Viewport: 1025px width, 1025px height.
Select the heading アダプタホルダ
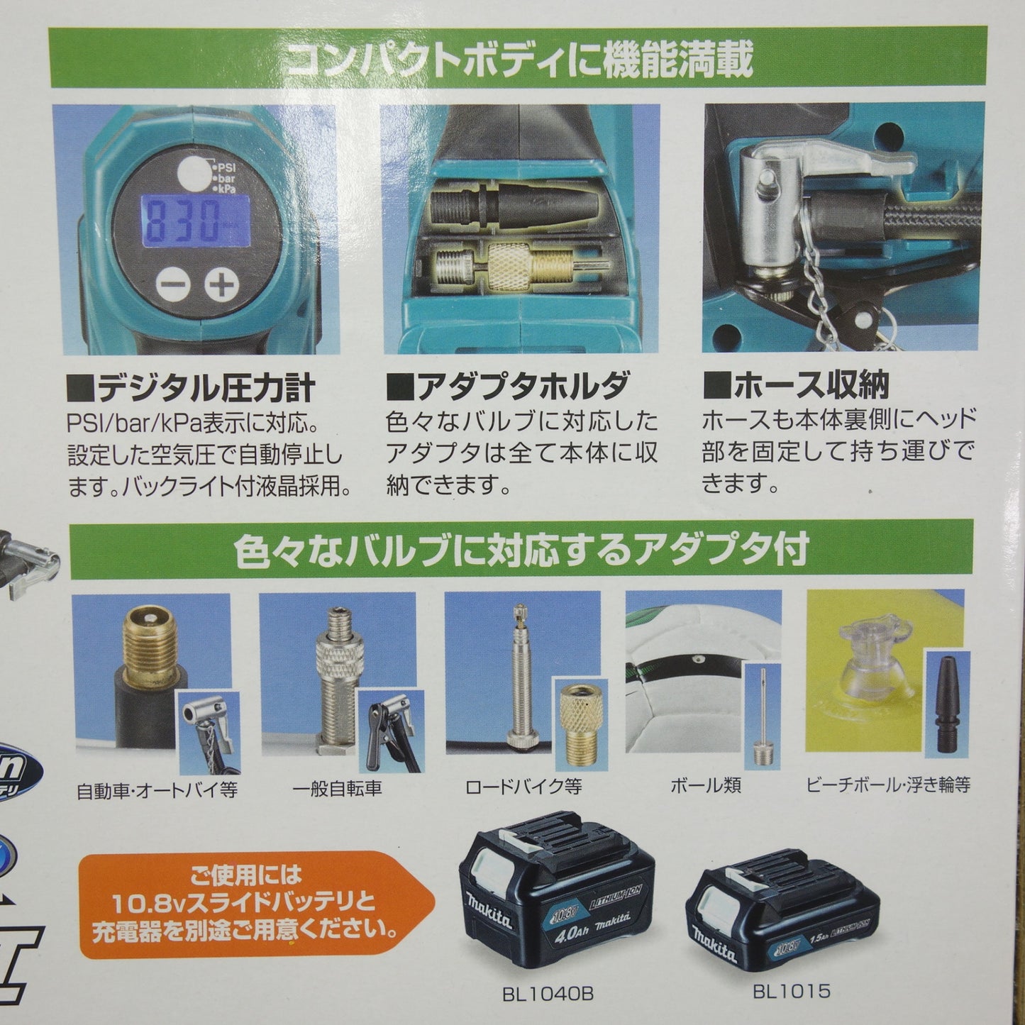click(509, 386)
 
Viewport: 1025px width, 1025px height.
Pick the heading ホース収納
click(797, 384)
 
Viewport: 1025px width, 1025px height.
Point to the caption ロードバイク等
click(523, 787)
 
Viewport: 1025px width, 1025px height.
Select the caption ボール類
click(705, 786)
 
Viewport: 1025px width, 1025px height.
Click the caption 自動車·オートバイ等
click(157, 791)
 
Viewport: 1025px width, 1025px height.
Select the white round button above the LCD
click(193, 173)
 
